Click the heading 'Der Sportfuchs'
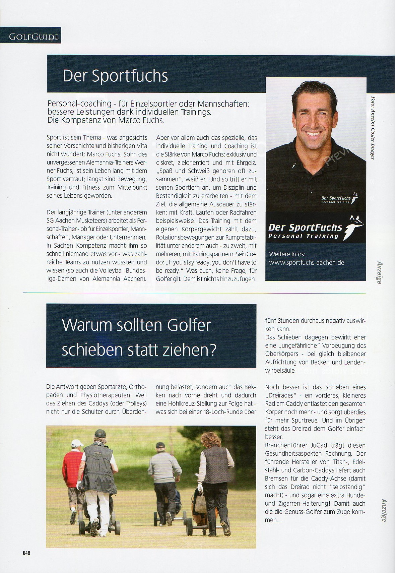pos(115,76)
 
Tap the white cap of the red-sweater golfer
pos(77,443)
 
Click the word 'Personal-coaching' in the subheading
pos(79,104)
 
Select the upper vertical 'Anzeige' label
pos(379,272)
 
